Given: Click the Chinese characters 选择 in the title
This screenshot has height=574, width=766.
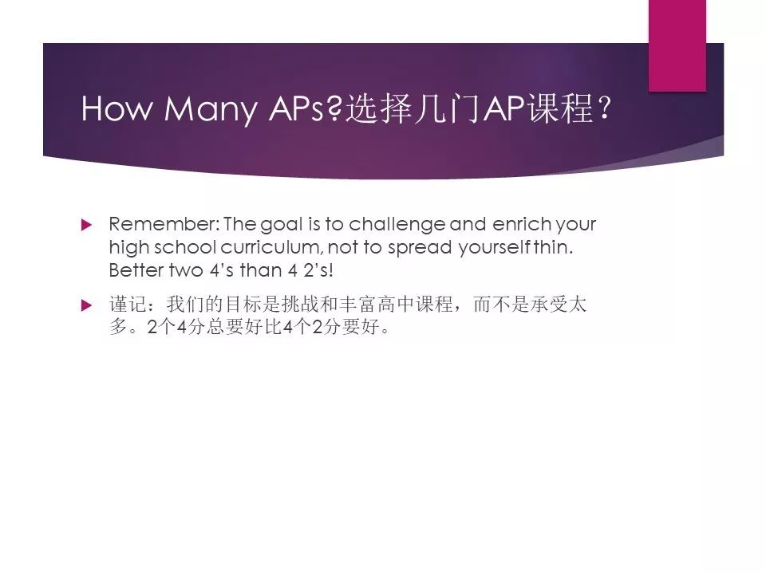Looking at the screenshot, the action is tap(378, 108).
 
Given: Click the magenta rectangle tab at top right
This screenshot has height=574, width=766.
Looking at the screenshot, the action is tap(677, 45).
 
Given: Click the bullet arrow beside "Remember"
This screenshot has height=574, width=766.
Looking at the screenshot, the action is tap(86, 225).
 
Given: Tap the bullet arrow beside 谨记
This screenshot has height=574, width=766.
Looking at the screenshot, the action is tap(86, 305).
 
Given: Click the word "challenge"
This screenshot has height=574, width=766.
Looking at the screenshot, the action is tap(397, 225).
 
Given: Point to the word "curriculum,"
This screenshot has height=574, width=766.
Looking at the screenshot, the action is tap(272, 247).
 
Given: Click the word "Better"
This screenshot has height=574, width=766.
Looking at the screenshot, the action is tap(136, 270).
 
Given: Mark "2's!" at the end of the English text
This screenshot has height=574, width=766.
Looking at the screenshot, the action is tap(318, 270).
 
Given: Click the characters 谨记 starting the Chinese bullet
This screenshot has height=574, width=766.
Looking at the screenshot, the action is tap(128, 304).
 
